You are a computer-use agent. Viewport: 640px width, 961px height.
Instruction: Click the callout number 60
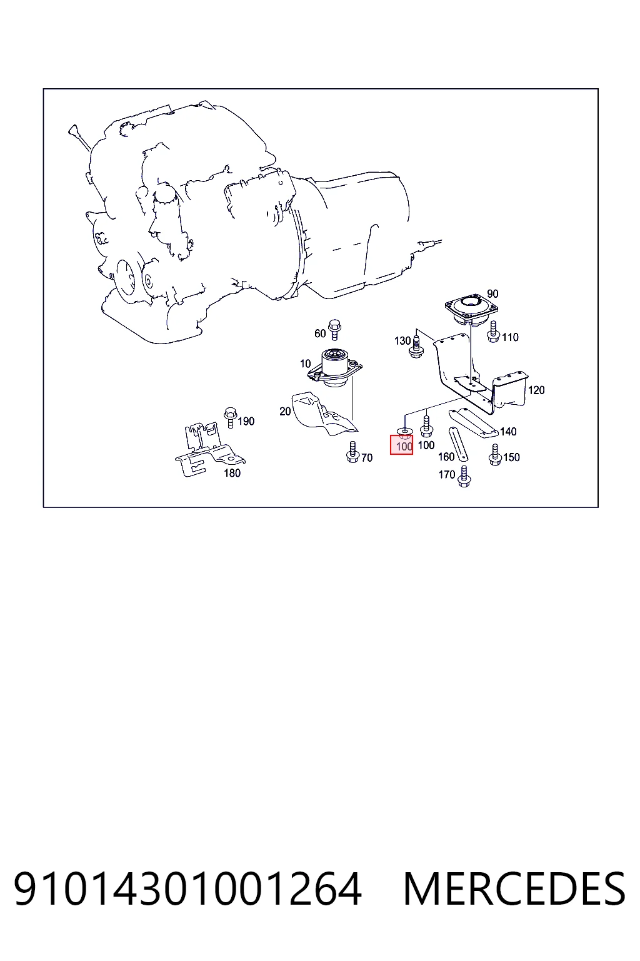point(320,333)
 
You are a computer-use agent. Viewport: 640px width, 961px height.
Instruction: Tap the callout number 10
point(305,364)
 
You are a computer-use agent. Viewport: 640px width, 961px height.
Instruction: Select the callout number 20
point(285,412)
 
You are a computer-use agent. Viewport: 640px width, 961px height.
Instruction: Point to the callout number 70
point(367,458)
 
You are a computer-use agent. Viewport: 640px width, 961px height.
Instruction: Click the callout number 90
point(492,294)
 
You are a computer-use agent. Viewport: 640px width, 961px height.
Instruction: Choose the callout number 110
point(510,338)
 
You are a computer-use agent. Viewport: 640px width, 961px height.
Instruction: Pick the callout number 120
point(536,390)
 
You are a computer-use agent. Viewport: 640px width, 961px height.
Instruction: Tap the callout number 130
point(402,341)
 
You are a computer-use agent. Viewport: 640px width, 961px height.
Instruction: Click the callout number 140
point(508,432)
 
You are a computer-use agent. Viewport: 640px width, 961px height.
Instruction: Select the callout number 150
point(511,457)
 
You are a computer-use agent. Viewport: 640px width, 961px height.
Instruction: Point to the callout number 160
point(446,457)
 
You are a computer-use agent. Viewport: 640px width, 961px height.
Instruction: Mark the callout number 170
point(447,474)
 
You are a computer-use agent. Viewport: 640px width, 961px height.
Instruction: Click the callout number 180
point(232,473)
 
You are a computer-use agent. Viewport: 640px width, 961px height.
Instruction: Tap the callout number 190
point(246,421)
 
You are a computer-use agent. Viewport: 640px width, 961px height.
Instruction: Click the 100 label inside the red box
point(404,447)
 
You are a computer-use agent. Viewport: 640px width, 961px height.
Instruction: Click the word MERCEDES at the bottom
point(514,890)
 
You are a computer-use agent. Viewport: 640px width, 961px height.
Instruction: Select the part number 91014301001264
point(187,890)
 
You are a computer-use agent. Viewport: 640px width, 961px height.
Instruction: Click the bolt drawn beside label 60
point(334,330)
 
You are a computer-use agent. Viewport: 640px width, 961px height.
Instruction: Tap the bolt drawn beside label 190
point(230,417)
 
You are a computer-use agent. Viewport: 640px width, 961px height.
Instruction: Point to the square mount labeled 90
point(471,309)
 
